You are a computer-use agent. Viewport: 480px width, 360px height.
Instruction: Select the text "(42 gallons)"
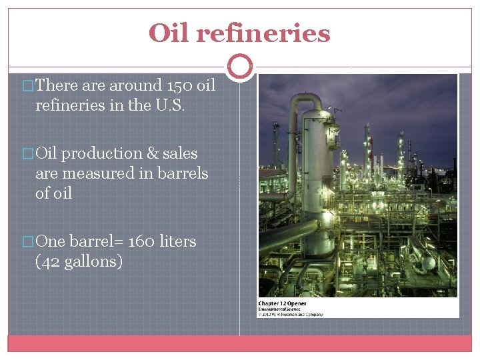click(x=79, y=261)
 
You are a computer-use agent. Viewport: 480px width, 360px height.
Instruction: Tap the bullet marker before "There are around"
click(x=27, y=86)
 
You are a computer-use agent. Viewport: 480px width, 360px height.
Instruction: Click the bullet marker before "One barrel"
click(x=27, y=242)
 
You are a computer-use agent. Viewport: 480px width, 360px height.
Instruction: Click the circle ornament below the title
click(x=240, y=67)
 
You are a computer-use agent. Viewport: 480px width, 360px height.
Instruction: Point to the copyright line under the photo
click(x=291, y=314)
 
